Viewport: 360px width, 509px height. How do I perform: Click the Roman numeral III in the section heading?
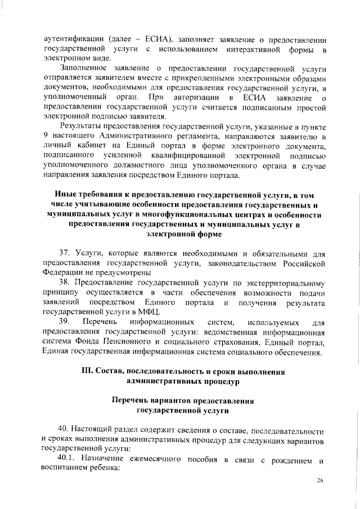pos(89,372)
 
